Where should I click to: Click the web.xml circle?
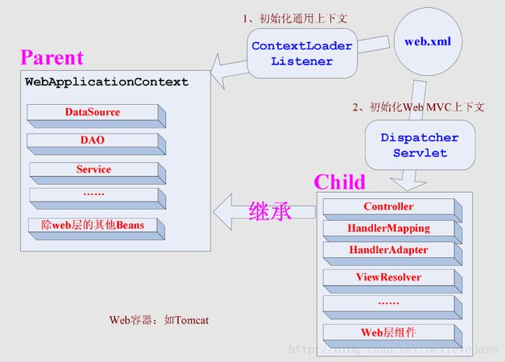[428, 41]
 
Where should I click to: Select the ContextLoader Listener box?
[302, 53]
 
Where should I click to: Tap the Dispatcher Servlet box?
[420, 145]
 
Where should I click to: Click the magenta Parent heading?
[52, 57]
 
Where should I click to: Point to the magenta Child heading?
[340, 182]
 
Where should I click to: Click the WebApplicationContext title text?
[106, 82]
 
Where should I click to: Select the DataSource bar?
[96, 116]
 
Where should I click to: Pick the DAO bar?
[96, 144]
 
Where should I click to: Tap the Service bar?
[98, 173]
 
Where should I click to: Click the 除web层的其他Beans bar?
[96, 228]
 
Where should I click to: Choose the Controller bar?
[392, 209]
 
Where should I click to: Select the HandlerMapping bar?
[392, 231]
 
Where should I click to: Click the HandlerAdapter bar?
[392, 253]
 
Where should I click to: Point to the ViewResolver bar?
[392, 281]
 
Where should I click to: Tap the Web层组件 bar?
[392, 336]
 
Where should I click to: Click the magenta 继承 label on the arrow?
[270, 211]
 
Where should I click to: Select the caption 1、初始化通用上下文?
[295, 19]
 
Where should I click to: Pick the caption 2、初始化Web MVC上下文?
[418, 107]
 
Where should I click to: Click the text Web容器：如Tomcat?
[158, 320]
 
